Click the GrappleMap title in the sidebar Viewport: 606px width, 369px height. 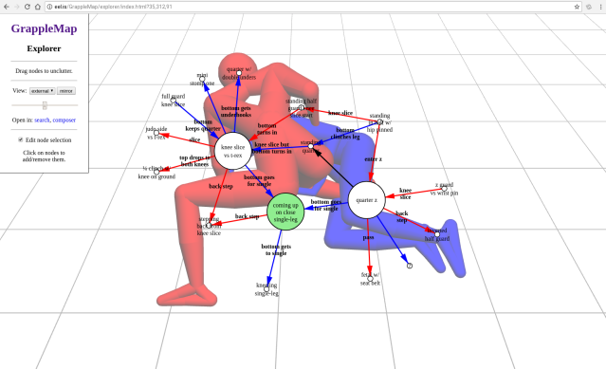tap(44, 28)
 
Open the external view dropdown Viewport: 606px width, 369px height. tap(42, 90)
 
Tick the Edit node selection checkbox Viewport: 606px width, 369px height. tap(20, 139)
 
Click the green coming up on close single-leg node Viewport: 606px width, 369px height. tap(285, 210)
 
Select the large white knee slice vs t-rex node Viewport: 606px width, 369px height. tap(232, 151)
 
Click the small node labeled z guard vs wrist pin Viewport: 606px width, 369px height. tap(444, 189)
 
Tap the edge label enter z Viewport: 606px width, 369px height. tap(373, 158)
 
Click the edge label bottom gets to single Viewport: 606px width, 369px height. tap(276, 249)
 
